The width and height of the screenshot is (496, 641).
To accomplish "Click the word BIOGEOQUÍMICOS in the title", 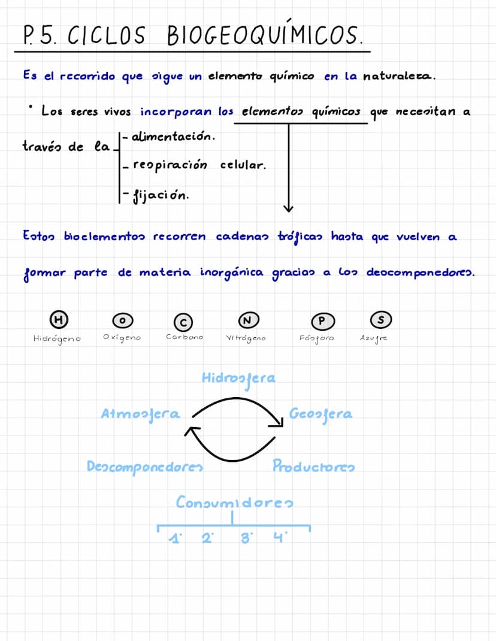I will click(x=263, y=35).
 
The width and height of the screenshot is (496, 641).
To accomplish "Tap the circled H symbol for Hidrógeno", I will click(x=58, y=320).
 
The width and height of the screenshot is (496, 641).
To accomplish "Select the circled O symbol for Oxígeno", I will click(x=122, y=322).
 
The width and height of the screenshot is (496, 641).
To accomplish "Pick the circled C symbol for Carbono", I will click(x=183, y=322).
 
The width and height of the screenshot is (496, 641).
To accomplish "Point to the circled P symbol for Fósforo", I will click(x=322, y=321).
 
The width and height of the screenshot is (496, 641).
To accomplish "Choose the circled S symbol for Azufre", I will click(x=379, y=320).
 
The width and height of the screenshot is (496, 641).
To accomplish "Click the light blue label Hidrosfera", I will click(x=238, y=379).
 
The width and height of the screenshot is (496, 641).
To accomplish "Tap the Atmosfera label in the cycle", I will click(x=141, y=414).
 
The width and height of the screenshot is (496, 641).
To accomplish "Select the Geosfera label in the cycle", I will click(x=320, y=414).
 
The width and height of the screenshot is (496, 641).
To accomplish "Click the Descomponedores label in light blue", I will click(x=144, y=466).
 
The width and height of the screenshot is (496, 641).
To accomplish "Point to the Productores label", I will click(x=313, y=466).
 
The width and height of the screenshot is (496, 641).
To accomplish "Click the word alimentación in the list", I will click(x=172, y=137).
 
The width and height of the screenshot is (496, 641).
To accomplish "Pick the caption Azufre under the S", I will click(x=374, y=338).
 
